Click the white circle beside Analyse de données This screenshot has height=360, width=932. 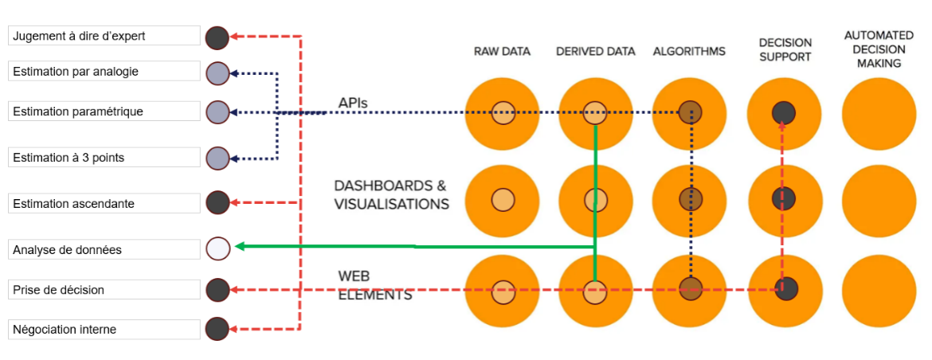217,248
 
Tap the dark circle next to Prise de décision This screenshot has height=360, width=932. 217,289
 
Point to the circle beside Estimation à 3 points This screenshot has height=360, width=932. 217,158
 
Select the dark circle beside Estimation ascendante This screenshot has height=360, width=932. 217,203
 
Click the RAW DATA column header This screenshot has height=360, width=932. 502,52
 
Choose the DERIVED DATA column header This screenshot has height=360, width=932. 595,52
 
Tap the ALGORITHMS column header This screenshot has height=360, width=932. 689,52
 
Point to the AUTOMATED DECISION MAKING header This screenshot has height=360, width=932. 879,49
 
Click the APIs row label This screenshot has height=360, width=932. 352,102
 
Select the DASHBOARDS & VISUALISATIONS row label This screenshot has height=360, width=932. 391,195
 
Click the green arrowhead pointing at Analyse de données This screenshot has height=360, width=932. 239,247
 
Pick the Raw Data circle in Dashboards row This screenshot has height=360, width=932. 502,200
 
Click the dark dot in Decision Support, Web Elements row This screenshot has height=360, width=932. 784,289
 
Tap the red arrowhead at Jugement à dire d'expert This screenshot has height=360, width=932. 236,37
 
